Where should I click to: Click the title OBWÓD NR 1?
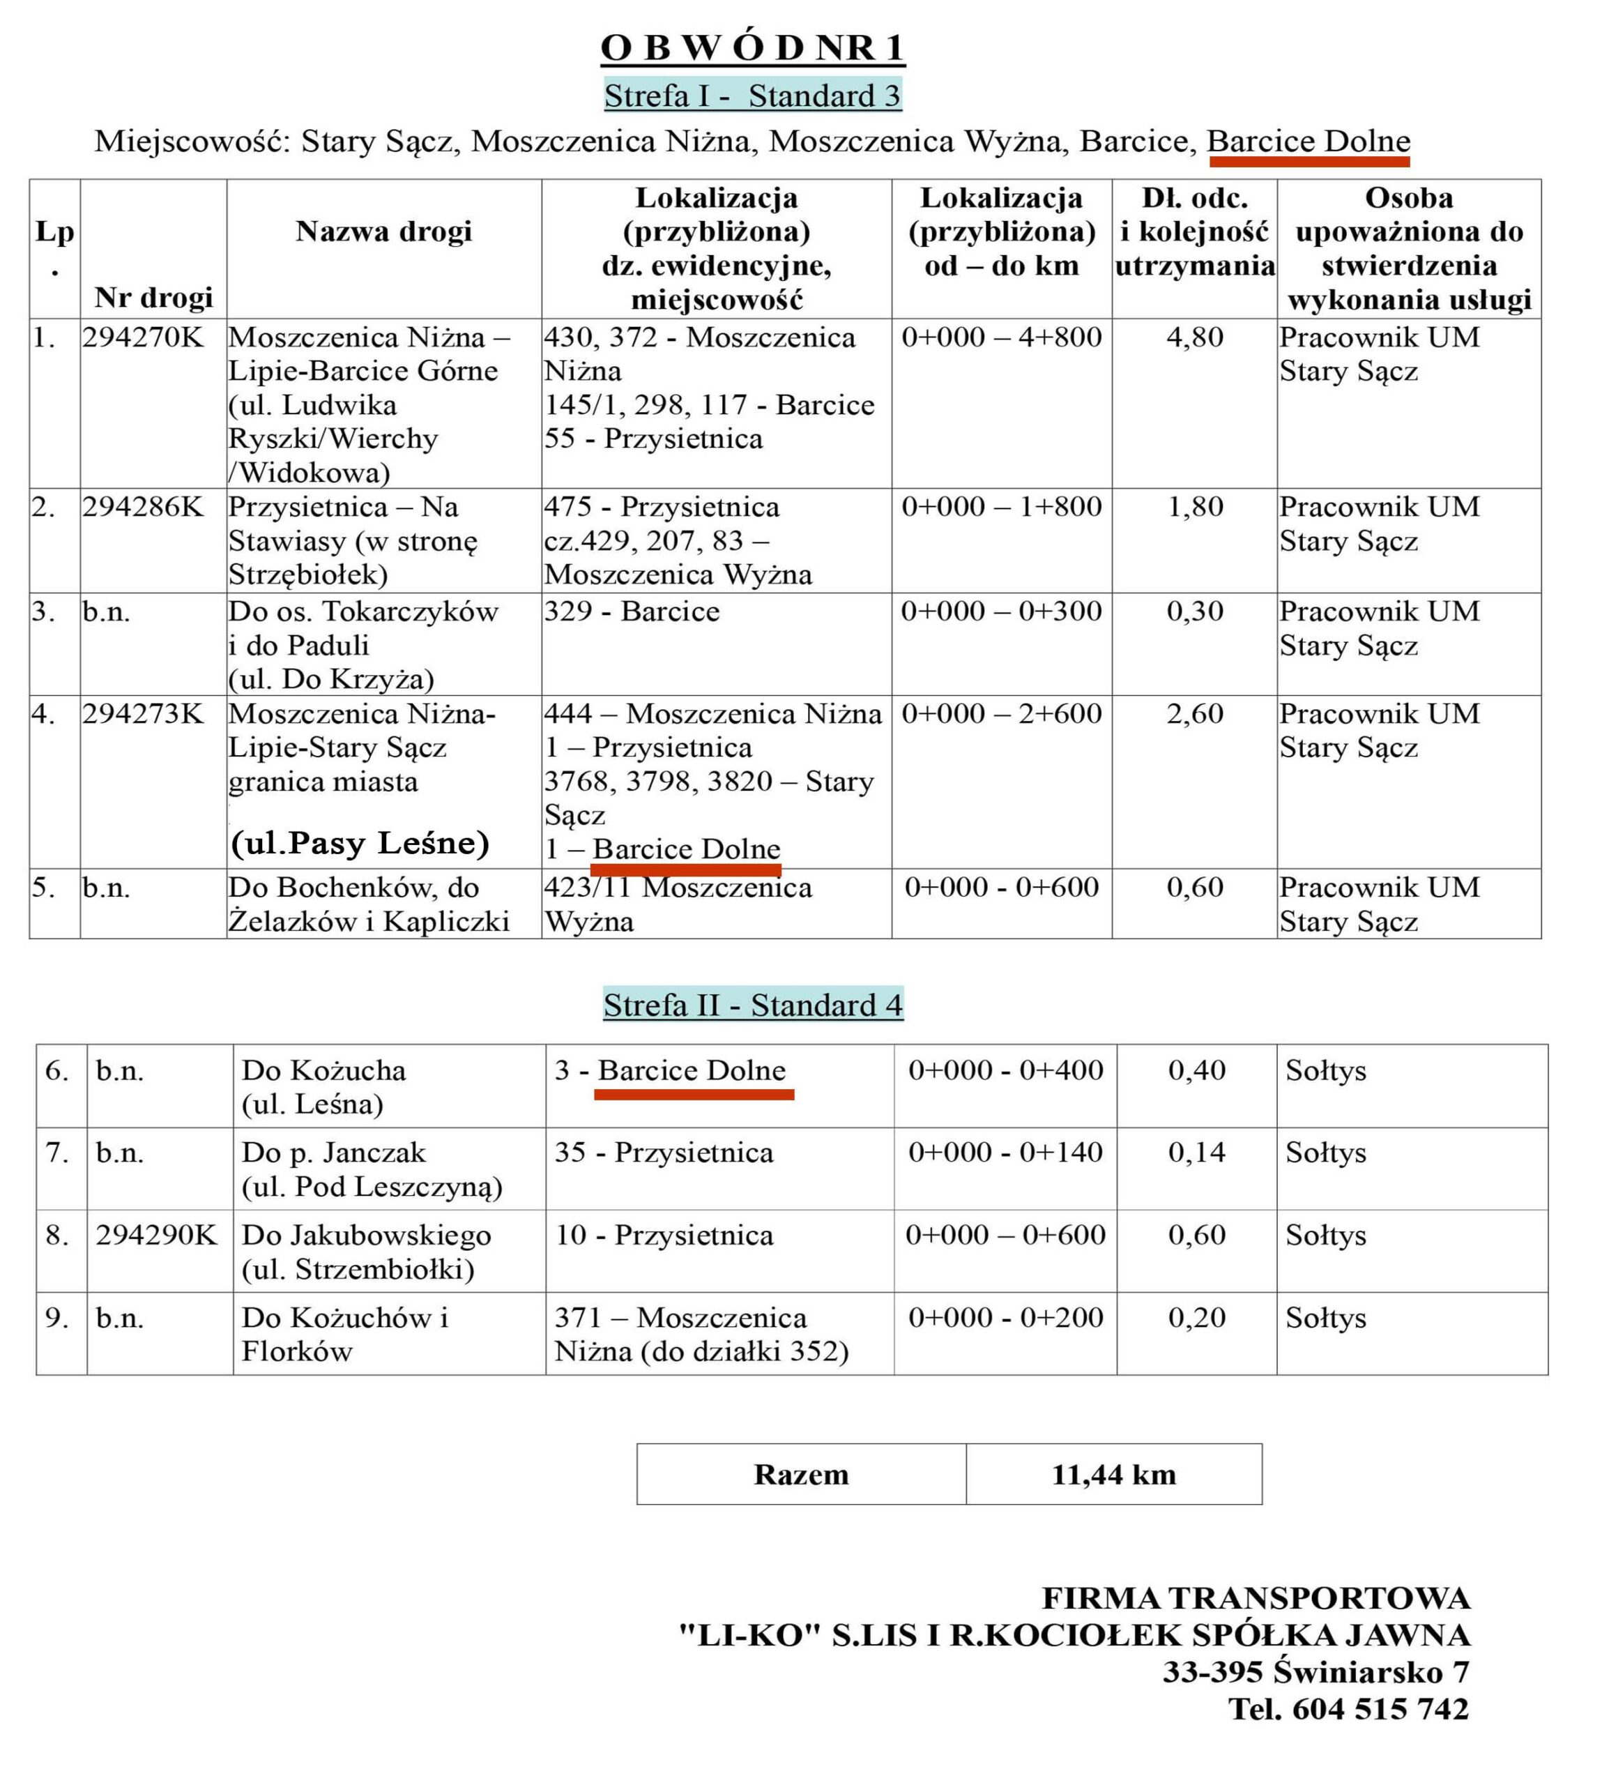click(753, 47)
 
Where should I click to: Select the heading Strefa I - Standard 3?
click(753, 95)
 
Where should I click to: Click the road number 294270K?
click(143, 337)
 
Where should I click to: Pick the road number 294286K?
click(143, 507)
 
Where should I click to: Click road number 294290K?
click(155, 1235)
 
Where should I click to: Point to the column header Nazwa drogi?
click(384, 231)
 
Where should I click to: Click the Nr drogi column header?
click(154, 298)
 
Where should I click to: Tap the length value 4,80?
click(1194, 337)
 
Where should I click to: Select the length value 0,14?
click(1196, 1152)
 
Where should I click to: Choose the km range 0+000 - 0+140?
click(1005, 1152)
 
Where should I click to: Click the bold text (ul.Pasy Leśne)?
click(359, 843)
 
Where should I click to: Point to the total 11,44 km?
click(1113, 1474)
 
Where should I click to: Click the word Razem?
click(801, 1474)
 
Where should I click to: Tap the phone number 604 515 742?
click(1380, 1708)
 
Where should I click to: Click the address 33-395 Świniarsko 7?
click(1316, 1671)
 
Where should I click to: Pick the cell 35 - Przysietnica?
click(664, 1152)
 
